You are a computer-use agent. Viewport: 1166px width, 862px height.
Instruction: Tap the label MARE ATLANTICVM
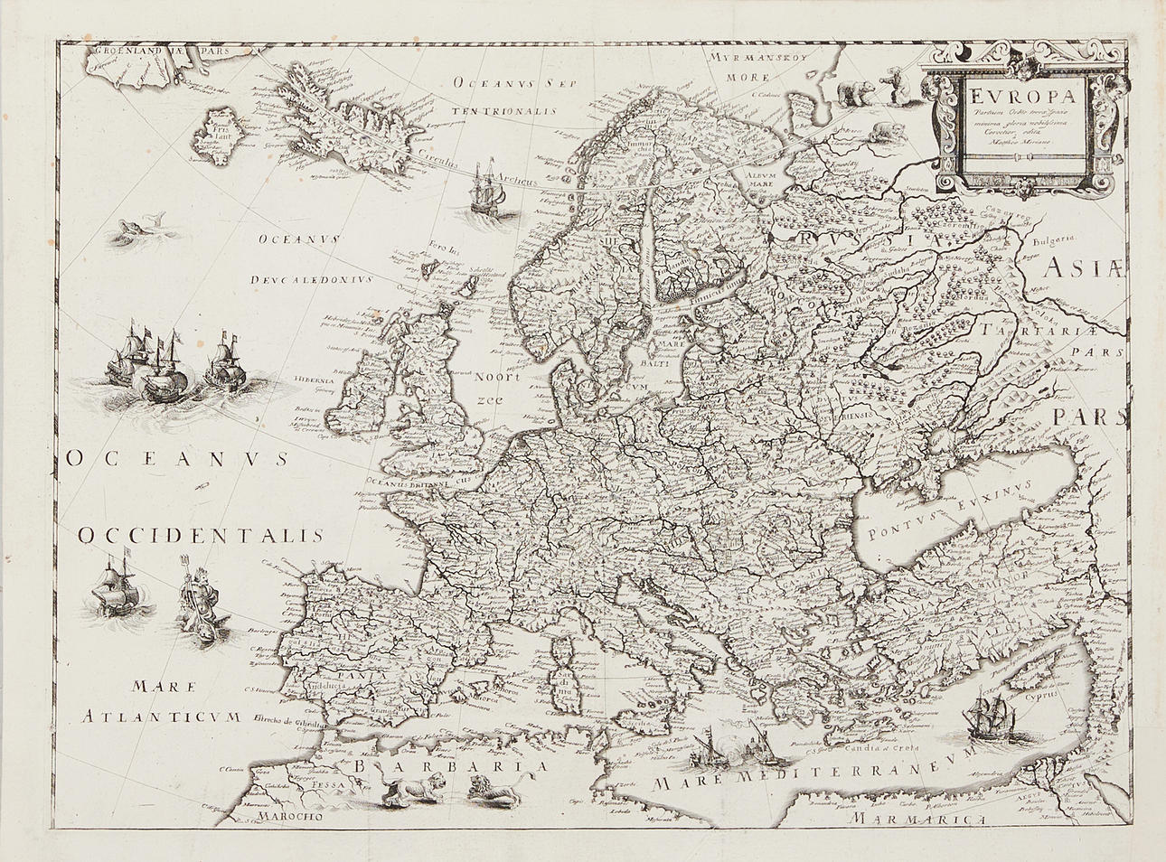tap(159, 705)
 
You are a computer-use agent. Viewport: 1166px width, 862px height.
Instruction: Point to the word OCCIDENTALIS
tap(200, 535)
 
